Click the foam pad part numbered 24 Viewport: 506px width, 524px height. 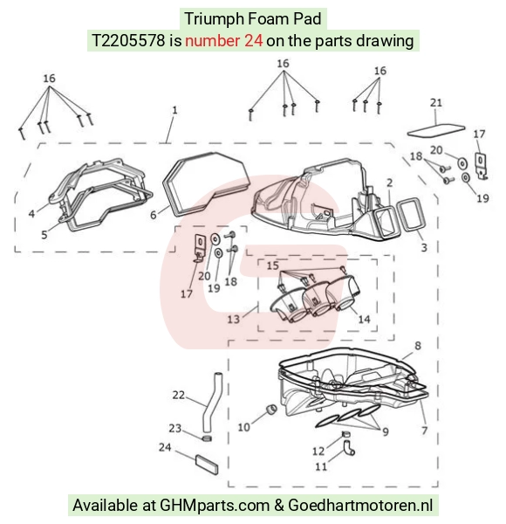tap(207, 464)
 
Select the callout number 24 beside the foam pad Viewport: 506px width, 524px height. tap(165, 447)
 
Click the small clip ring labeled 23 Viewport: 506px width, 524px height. tap(207, 438)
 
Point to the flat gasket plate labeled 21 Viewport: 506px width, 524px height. tap(436, 130)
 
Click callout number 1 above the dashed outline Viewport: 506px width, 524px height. tap(174, 110)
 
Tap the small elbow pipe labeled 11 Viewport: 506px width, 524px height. tap(348, 448)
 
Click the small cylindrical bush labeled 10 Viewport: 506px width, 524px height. tap(271, 409)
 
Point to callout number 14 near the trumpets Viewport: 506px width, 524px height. tap(364, 319)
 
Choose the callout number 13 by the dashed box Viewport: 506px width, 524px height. tap(233, 319)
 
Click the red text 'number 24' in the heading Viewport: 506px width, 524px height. tap(223, 41)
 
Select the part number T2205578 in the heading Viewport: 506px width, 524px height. tap(128, 41)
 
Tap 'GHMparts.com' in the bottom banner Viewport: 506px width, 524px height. tap(215, 506)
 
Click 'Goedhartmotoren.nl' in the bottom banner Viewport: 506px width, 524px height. tap(360, 506)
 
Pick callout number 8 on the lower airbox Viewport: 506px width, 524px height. tap(418, 346)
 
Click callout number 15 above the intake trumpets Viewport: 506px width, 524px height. tap(273, 265)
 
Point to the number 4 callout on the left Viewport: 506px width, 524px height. tap(31, 214)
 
